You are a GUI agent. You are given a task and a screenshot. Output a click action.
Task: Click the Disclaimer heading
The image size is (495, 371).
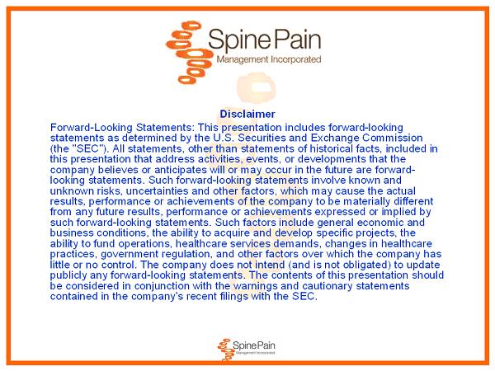point(247,114)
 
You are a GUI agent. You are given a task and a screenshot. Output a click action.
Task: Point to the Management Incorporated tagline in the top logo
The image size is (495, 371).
point(269,59)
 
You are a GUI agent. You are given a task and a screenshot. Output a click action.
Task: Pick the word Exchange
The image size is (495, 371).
point(335,138)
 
